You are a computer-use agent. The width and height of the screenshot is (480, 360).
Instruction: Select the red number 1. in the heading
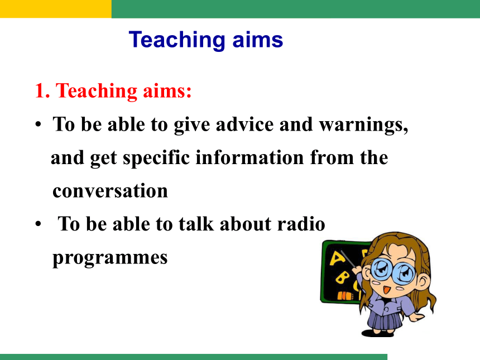click(x=42, y=91)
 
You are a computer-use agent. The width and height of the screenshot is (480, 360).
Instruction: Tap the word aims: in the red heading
click(x=167, y=91)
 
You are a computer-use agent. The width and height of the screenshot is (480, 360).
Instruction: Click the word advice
click(x=244, y=124)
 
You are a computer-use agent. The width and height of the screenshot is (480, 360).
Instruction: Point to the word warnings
click(x=364, y=126)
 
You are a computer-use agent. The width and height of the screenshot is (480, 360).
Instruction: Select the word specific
click(x=156, y=159)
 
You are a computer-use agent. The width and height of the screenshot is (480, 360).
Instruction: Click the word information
click(x=249, y=157)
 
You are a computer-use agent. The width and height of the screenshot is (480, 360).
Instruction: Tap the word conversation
click(x=110, y=191)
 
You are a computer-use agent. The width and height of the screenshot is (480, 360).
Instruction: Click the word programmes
click(x=110, y=258)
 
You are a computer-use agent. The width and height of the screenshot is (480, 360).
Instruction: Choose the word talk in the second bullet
click(x=196, y=224)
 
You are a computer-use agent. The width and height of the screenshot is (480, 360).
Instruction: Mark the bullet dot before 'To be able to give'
click(x=38, y=124)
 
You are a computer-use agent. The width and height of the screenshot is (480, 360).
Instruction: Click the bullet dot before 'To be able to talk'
click(x=38, y=224)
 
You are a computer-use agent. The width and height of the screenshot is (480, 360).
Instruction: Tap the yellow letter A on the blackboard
click(x=337, y=258)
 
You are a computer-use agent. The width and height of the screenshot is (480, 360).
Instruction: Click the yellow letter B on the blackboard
click(x=342, y=277)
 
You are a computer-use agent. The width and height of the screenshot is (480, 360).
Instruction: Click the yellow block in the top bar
click(x=56, y=9)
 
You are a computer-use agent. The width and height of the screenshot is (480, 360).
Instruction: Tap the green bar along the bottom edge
click(x=194, y=357)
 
